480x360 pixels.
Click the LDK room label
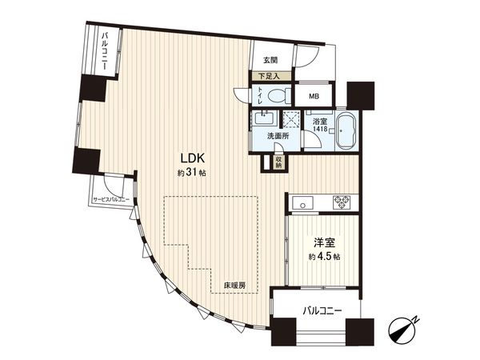192,158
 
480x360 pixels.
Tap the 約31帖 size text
192,174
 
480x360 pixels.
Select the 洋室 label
324,242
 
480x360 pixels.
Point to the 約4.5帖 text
324,257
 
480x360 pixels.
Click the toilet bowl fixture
279,95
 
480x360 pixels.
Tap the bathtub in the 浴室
346,130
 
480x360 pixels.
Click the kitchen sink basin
302,202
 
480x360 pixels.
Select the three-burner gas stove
342,202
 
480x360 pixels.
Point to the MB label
314,97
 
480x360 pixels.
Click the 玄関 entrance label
270,61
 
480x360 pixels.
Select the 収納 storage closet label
278,162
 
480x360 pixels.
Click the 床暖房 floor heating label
234,286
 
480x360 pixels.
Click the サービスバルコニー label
111,199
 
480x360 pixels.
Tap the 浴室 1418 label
320,125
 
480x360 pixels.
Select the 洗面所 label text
278,136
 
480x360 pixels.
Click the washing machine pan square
290,118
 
